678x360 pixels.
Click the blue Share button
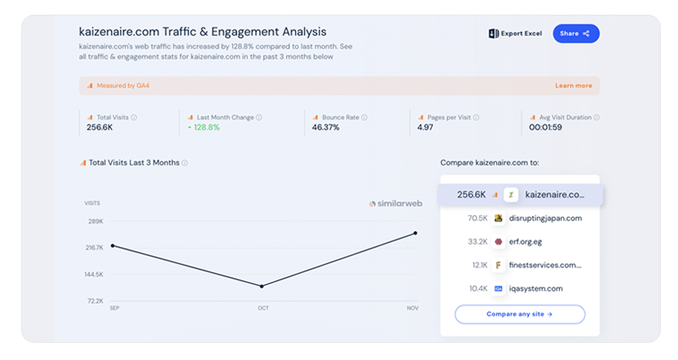pyautogui.click(x=576, y=33)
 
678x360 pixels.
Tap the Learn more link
pyautogui.click(x=574, y=86)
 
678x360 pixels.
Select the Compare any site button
pyautogui.click(x=520, y=314)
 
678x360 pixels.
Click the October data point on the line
pyautogui.click(x=262, y=286)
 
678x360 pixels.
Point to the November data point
pyautogui.click(x=416, y=233)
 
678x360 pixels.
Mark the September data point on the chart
pyautogui.click(x=112, y=246)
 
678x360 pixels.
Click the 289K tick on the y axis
pyautogui.click(x=95, y=222)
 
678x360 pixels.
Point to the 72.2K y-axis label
pyautogui.click(x=95, y=301)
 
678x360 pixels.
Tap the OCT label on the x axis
pyautogui.click(x=263, y=308)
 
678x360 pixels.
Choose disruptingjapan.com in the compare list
pyautogui.click(x=545, y=218)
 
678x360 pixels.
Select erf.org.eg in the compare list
pyautogui.click(x=526, y=242)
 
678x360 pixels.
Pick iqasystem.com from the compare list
pyautogui.click(x=535, y=288)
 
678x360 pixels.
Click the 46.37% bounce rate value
pyautogui.click(x=326, y=128)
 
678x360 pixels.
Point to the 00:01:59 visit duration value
pyautogui.click(x=546, y=128)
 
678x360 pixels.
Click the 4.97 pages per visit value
pyautogui.click(x=425, y=128)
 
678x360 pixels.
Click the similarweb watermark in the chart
pyautogui.click(x=396, y=204)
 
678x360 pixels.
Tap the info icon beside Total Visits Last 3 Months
pyautogui.click(x=185, y=163)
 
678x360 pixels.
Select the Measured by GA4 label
pyautogui.click(x=123, y=86)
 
